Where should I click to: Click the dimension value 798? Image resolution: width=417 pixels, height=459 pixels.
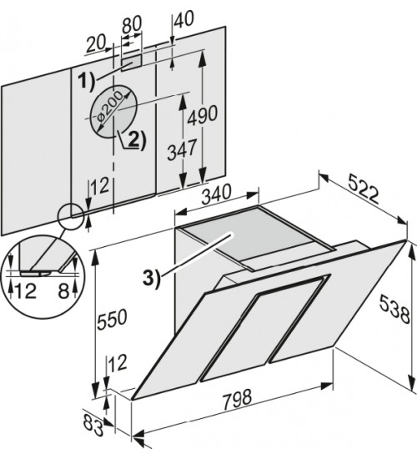[237, 399]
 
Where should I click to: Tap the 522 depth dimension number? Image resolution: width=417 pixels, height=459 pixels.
[364, 192]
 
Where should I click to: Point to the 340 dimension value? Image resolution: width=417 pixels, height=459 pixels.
[217, 194]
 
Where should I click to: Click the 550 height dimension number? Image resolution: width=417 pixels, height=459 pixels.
[112, 320]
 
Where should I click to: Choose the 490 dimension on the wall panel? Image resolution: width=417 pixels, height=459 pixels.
[202, 114]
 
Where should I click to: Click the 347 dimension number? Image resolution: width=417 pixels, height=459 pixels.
[181, 149]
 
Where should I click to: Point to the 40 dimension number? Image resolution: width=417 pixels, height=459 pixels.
[184, 19]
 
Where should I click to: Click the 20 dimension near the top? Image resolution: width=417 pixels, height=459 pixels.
[95, 44]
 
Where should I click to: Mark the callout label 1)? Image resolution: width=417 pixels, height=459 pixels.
[87, 81]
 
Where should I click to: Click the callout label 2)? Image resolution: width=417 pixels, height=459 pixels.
[138, 140]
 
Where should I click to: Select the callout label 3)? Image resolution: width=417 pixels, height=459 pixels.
[152, 279]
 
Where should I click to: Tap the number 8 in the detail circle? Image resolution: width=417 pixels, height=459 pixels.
[63, 291]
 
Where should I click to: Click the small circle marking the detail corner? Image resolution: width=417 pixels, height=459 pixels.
[71, 216]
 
